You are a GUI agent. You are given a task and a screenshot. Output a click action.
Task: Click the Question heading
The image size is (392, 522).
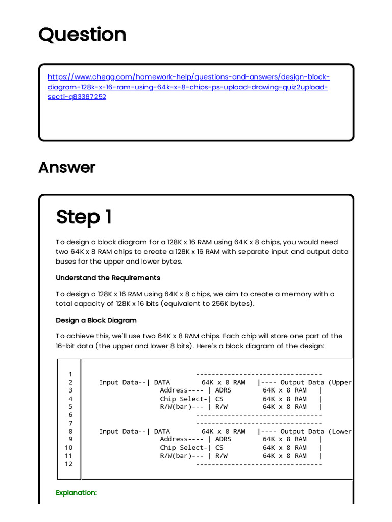[x=82, y=35]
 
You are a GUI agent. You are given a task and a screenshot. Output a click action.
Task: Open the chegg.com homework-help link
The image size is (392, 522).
[x=189, y=87]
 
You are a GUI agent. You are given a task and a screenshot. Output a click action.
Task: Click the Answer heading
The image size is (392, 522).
[x=67, y=167]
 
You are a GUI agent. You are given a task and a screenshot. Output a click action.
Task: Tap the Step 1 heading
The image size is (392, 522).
[x=84, y=217]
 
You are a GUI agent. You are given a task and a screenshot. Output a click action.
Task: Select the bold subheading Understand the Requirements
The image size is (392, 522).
[x=108, y=278]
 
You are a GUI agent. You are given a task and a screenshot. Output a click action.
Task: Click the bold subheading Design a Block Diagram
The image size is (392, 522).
[x=96, y=320]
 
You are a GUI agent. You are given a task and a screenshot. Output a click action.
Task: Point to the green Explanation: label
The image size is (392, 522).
[x=76, y=493]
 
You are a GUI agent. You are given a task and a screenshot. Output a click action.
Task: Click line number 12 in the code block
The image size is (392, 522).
[x=68, y=464]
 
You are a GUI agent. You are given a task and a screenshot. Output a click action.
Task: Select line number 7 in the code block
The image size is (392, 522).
[x=70, y=423]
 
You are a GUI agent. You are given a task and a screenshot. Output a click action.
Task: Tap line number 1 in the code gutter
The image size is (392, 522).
[x=70, y=374]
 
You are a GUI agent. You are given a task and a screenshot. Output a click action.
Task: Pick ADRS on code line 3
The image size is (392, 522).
[x=223, y=390]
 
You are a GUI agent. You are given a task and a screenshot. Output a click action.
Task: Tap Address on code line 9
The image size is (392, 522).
[x=174, y=439]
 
